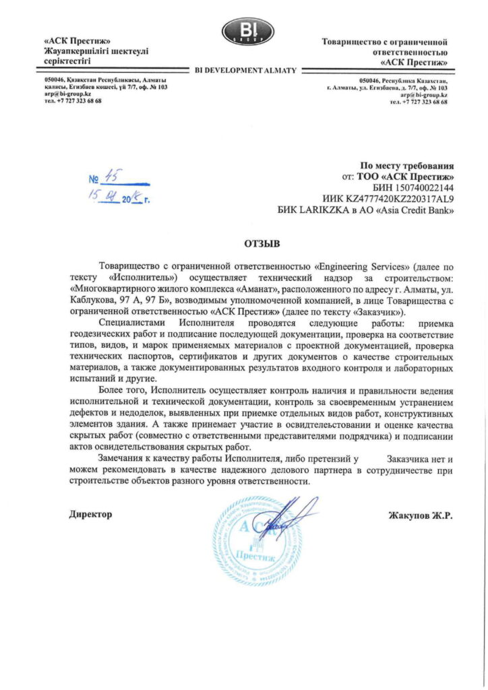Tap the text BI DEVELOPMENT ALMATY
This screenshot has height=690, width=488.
click(245, 70)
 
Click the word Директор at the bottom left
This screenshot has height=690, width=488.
click(91, 515)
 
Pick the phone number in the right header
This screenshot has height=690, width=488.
click(422, 102)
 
